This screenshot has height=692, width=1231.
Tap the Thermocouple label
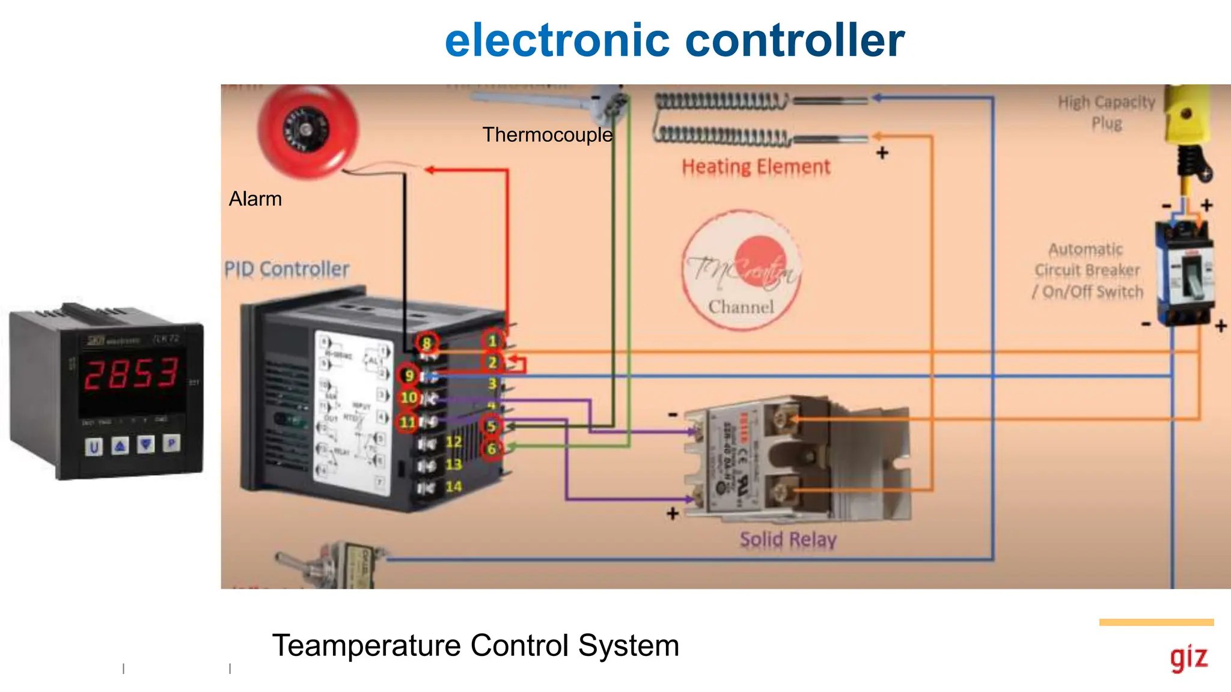click(547, 135)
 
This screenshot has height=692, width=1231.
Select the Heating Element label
click(756, 166)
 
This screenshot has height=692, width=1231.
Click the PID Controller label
click(287, 269)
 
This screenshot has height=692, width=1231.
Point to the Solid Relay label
click(787, 539)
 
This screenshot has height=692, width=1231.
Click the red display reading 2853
click(131, 373)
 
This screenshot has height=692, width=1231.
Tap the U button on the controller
click(94, 447)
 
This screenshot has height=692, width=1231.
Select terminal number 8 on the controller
click(426, 343)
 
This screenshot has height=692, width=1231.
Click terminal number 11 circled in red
click(408, 422)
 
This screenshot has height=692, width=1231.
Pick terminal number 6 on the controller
click(492, 449)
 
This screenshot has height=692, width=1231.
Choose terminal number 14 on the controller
click(454, 487)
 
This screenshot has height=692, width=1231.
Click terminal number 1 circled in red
click(492, 341)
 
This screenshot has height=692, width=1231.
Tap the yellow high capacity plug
click(1187, 114)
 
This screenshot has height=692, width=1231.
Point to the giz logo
click(1188, 658)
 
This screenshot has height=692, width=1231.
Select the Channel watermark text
click(741, 307)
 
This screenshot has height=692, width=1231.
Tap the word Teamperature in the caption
click(366, 646)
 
